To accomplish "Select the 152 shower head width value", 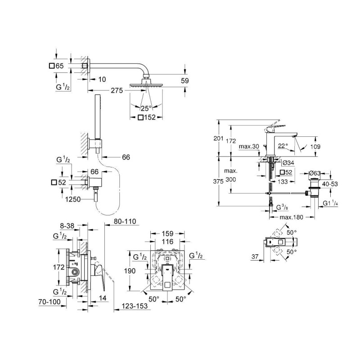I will [150, 118].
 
